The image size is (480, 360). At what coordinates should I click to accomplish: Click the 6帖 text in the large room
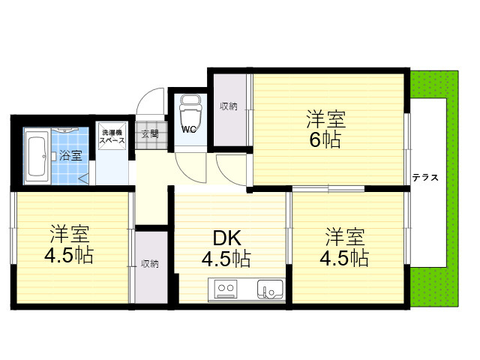[x=325, y=140]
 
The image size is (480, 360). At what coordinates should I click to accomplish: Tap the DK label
[x=226, y=238]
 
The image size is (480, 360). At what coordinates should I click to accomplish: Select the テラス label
[x=425, y=178]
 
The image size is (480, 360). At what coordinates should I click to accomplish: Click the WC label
[x=189, y=130]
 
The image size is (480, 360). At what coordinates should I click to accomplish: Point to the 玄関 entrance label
[x=150, y=133]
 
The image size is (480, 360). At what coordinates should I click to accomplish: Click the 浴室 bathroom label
[x=70, y=155]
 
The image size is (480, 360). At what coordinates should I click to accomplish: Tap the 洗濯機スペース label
[x=112, y=136]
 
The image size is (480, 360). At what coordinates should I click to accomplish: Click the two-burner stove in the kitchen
[x=226, y=288]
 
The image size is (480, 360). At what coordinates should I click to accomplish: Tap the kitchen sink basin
[x=270, y=289]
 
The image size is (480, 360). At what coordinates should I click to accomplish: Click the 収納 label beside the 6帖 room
[x=229, y=106]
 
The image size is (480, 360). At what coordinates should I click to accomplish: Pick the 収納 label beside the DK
[x=150, y=264]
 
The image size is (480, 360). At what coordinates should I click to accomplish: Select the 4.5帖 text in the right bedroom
[x=344, y=258]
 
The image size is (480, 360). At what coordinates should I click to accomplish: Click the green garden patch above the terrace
[x=434, y=85]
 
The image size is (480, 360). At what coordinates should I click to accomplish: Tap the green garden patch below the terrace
[x=434, y=286]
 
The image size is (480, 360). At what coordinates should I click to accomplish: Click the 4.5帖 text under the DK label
[x=226, y=259]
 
